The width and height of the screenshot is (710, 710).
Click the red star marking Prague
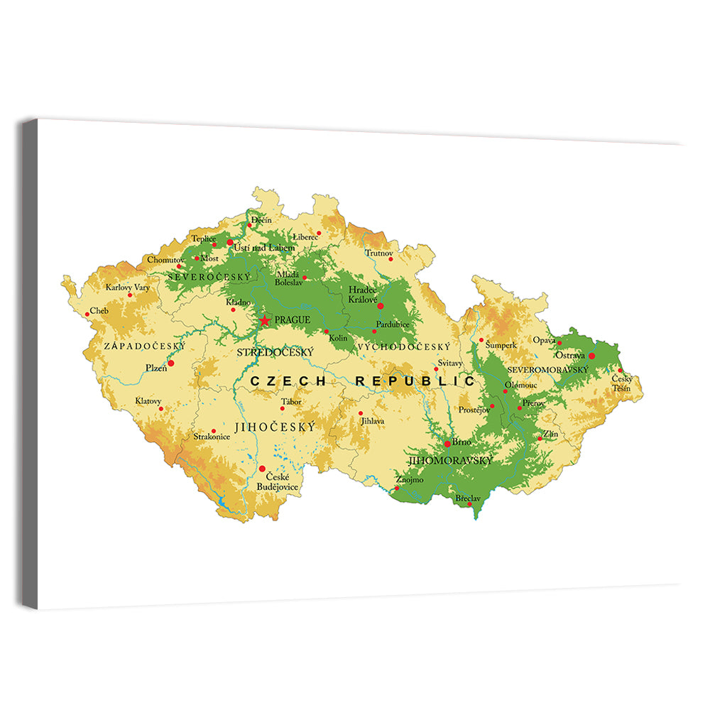tap(265, 321)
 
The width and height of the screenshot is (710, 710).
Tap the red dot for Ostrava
tap(591, 356)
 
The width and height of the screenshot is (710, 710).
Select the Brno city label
tap(461, 442)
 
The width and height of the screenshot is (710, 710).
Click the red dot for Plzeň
tap(170, 363)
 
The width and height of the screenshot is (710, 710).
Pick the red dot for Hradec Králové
tap(381, 306)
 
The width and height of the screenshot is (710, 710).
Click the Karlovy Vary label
tap(128, 288)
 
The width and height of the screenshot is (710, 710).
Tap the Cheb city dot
tap(87, 314)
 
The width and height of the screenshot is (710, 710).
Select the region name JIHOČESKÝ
tap(274, 427)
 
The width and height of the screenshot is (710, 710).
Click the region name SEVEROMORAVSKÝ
tap(548, 370)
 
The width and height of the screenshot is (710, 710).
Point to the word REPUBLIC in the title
tap(415, 381)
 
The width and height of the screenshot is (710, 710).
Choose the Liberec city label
tap(306, 236)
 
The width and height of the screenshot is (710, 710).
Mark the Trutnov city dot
tap(390, 259)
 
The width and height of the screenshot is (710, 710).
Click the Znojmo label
tap(411, 480)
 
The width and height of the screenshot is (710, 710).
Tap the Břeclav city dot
tap(469, 504)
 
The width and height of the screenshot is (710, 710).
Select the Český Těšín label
tap(622, 383)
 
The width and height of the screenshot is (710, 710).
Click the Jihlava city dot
tap(361, 413)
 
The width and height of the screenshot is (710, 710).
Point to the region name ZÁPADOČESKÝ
tap(144, 346)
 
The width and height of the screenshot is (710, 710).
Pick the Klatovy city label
tap(148, 401)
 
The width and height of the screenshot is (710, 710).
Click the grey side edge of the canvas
tap(29, 362)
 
